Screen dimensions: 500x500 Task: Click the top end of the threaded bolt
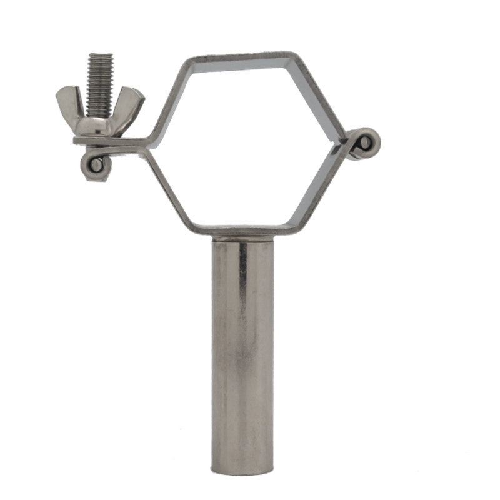(100, 56)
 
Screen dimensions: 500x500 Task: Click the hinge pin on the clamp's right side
(365, 144)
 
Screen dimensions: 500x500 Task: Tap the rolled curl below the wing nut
(96, 165)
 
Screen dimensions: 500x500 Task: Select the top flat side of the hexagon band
(241, 57)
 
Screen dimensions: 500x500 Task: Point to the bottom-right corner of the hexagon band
(294, 226)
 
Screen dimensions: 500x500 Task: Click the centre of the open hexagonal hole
(244, 144)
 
